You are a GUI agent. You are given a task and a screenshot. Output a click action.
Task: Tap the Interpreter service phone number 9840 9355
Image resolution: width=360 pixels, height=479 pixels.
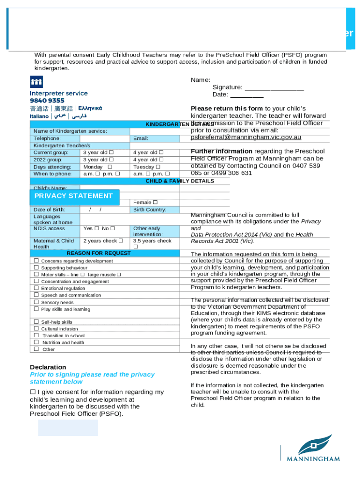pos(47,101)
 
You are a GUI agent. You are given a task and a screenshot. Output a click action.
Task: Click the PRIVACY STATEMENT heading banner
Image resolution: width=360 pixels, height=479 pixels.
pos(72,196)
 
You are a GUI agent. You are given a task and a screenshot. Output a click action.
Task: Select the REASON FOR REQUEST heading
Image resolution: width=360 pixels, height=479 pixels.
pos(99,253)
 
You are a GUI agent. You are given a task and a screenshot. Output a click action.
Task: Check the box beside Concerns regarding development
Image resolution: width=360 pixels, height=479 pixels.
pos(36,261)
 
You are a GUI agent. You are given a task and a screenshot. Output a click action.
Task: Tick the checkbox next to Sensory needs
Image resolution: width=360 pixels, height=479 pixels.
pos(36,302)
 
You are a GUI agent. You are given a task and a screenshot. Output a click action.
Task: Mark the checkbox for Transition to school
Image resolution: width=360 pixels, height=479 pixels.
pos(36,335)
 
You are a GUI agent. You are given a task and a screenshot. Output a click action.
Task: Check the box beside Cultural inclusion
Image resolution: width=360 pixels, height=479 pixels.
pos(36,329)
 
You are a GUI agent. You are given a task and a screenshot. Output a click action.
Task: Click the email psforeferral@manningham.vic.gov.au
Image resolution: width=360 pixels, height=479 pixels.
pos(246,138)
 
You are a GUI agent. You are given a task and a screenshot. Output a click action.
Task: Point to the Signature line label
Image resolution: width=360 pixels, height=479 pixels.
pos(227,87)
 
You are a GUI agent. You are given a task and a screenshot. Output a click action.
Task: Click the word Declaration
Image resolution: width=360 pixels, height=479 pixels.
pos(48,367)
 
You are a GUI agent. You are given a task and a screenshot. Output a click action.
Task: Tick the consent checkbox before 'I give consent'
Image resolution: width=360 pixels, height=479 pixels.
pos(33,392)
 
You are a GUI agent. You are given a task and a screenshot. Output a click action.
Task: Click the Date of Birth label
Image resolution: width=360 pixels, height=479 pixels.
pos(49,210)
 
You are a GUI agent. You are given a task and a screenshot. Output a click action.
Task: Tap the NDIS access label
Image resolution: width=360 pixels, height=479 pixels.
pos(49,229)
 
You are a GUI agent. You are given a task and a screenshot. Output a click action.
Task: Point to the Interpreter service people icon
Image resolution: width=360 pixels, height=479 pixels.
pos(36,82)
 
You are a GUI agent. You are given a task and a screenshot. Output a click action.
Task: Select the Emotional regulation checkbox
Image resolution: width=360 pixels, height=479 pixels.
pos(36,288)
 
